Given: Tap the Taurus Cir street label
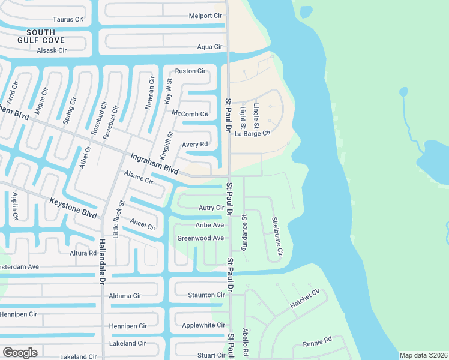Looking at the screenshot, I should pyautogui.click(x=68, y=19).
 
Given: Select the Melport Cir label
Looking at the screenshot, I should pyautogui.click(x=205, y=16).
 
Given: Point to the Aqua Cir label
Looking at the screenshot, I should pyautogui.click(x=209, y=46).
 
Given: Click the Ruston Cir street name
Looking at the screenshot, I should pyautogui.click(x=190, y=71).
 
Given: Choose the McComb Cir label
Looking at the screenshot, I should pyautogui.click(x=190, y=113).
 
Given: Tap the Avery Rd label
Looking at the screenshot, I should pyautogui.click(x=194, y=144).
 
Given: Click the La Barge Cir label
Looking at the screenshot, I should pyautogui.click(x=253, y=133).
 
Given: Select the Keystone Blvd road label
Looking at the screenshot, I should pyautogui.click(x=73, y=209).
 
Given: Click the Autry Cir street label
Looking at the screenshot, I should pyautogui.click(x=211, y=208).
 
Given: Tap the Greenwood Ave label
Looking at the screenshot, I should pyautogui.click(x=200, y=238).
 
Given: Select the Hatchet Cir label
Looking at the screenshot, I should pyautogui.click(x=306, y=299).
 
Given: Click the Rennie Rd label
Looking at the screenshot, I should pyautogui.click(x=317, y=341).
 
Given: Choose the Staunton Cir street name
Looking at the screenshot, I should pyautogui.click(x=206, y=295).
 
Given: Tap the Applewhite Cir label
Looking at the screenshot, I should pyautogui.click(x=203, y=325).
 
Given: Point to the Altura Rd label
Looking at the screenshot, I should pyautogui.click(x=83, y=253).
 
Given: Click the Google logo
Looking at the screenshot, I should pyautogui.click(x=20, y=353).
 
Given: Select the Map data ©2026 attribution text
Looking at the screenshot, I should pyautogui.click(x=423, y=355).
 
